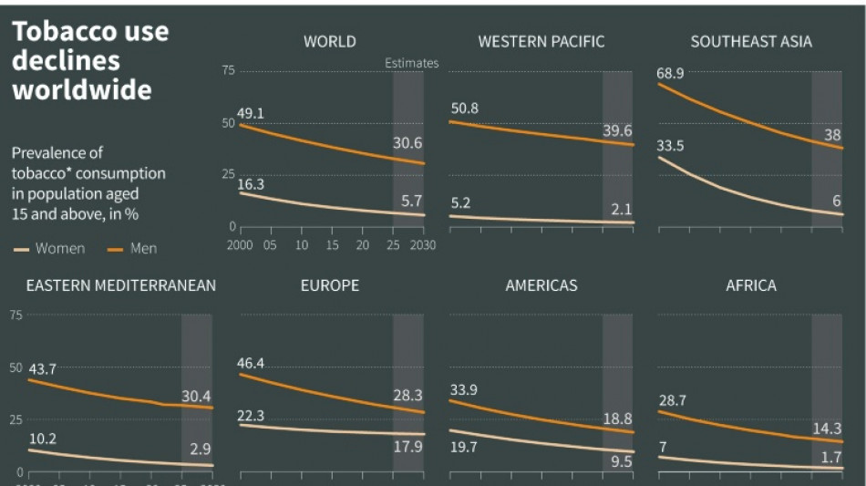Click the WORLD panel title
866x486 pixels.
(329, 41)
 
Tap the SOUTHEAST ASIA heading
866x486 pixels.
(750, 41)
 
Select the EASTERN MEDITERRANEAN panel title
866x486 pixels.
(120, 285)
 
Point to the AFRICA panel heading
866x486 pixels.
(750, 285)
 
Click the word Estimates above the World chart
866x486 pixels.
(411, 63)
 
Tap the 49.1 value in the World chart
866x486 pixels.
(251, 114)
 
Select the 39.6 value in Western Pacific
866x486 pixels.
(617, 130)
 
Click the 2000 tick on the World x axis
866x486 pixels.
(239, 245)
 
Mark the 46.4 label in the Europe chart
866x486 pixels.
(252, 363)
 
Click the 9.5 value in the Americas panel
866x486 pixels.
(620, 461)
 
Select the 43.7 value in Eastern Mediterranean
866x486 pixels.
(43, 369)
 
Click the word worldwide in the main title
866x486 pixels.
(81, 90)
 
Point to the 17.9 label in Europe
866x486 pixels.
(407, 447)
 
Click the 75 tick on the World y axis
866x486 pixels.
(228, 70)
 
